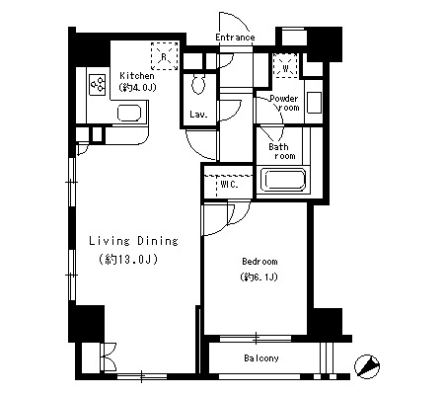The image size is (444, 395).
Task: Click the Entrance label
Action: click(x=235, y=38)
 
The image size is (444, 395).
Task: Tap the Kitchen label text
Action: click(x=137, y=76)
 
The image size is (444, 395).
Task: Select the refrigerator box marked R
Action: click(x=164, y=56)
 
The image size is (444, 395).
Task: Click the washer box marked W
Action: click(x=285, y=66)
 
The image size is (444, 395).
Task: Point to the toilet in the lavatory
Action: click(x=198, y=84)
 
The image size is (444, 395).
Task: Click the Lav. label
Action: click(x=198, y=115)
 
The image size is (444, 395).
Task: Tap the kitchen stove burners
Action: click(x=98, y=85)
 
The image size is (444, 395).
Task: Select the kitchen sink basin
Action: click(x=129, y=113)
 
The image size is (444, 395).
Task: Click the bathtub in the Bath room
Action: click(x=283, y=180)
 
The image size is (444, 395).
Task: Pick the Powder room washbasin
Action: click(x=314, y=103)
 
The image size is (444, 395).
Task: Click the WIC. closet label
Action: click(x=229, y=185)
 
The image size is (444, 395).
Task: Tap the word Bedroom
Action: click(x=259, y=262)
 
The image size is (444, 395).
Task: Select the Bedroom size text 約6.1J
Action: click(x=259, y=277)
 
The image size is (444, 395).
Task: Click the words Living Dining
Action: click(x=133, y=241)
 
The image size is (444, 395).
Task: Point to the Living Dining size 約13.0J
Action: click(x=128, y=260)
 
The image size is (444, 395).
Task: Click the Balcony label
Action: click(x=261, y=358)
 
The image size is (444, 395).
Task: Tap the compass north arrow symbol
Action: click(x=367, y=366)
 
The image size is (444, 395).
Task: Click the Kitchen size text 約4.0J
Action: click(x=137, y=88)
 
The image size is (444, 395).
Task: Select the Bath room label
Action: click(x=282, y=151)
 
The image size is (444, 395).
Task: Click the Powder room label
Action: click(x=284, y=103)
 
